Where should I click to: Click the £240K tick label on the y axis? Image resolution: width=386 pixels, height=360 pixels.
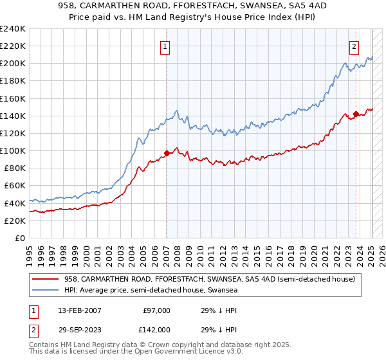pyautogui.click(x=13, y=29)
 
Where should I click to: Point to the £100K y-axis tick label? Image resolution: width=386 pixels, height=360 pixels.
pyautogui.click(x=13, y=150)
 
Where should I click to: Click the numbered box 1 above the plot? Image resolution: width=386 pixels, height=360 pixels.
pyautogui.click(x=165, y=46)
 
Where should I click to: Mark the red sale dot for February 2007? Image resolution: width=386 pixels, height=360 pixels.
pyautogui.click(x=167, y=153)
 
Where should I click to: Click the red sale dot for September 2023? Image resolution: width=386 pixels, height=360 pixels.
pyautogui.click(x=356, y=114)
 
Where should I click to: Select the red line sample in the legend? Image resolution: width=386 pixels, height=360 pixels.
pyautogui.click(x=46, y=279)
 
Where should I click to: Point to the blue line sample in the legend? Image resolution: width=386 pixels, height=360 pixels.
pyautogui.click(x=46, y=291)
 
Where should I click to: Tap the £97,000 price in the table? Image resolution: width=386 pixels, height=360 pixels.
pyautogui.click(x=157, y=310)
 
